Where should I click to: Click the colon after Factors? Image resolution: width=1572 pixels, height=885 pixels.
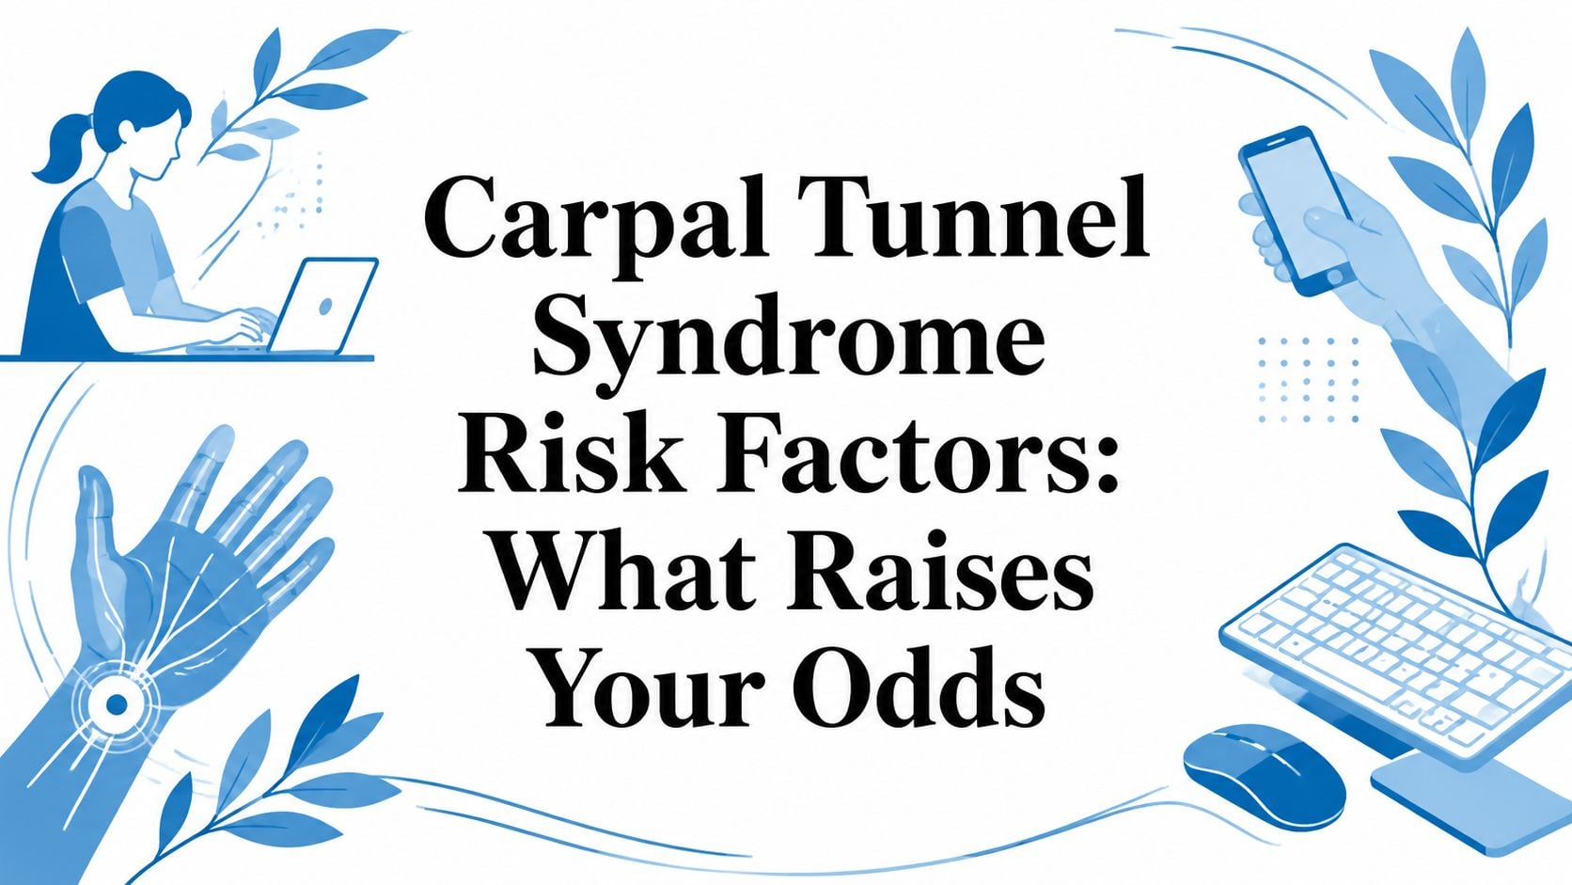click(1104, 464)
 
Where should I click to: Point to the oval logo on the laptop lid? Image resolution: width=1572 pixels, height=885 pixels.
click(325, 307)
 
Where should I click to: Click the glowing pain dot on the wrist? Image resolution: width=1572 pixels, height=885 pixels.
click(116, 703)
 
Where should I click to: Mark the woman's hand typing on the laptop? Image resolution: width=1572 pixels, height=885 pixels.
click(250, 326)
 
